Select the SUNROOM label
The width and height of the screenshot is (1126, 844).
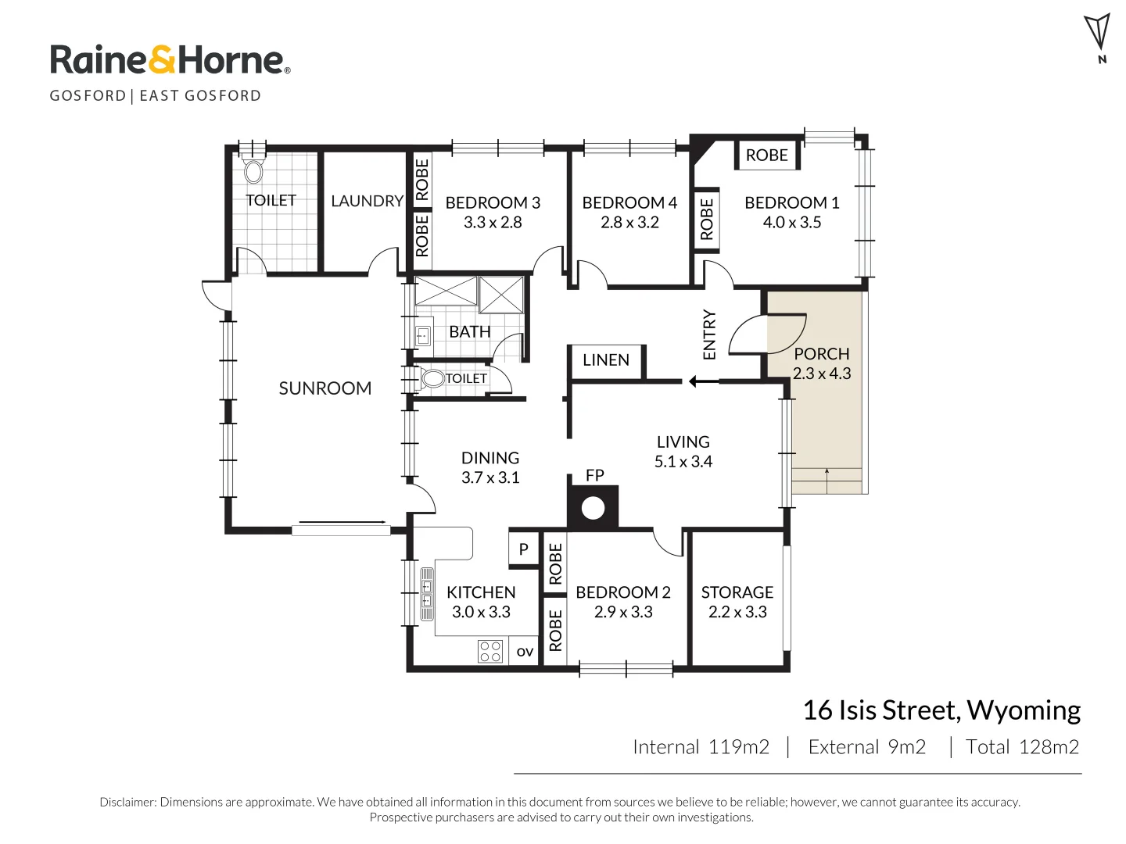click(x=325, y=388)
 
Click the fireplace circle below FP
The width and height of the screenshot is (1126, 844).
click(x=593, y=508)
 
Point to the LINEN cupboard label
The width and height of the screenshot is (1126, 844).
click(x=605, y=359)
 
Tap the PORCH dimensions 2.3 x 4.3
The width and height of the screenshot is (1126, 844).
click(x=821, y=373)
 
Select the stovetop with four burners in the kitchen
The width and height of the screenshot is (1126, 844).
click(x=489, y=651)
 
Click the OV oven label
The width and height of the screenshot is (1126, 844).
click(x=524, y=652)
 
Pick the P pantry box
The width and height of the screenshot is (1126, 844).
click(x=523, y=549)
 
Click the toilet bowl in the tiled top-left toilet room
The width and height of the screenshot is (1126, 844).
click(x=253, y=171)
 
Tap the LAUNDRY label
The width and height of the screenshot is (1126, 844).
click(x=367, y=201)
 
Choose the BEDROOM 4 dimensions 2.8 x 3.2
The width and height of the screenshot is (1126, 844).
click(x=629, y=223)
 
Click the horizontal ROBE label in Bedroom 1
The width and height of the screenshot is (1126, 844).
click(x=766, y=156)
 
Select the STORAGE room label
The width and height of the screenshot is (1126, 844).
click(x=737, y=592)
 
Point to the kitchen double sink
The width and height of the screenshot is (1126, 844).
click(x=427, y=593)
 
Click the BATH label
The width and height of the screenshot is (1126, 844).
click(x=469, y=332)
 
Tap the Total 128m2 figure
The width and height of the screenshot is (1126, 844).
click(x=1022, y=746)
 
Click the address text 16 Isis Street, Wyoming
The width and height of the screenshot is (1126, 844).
click(x=941, y=711)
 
